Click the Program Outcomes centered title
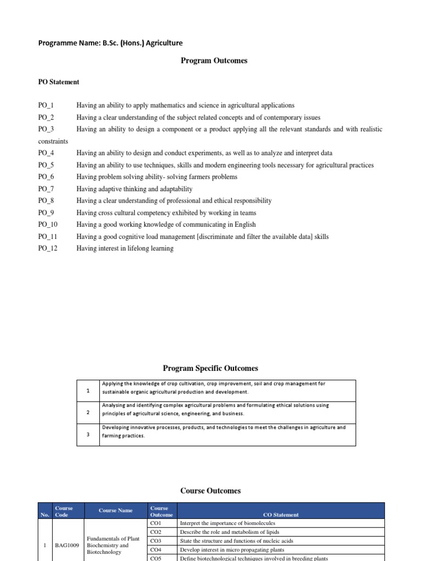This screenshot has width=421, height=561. pyautogui.click(x=214, y=61)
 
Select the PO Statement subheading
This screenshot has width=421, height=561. pyautogui.click(x=59, y=82)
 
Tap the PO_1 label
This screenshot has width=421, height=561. pyautogui.click(x=46, y=105)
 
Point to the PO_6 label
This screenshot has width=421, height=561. pyautogui.click(x=46, y=177)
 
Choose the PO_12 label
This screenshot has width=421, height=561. pyautogui.click(x=48, y=249)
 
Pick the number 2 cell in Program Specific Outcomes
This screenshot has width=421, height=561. pyautogui.click(x=88, y=413)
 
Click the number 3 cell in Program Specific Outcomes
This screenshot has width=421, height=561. pyautogui.click(x=88, y=435)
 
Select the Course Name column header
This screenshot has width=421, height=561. pyautogui.click(x=116, y=511)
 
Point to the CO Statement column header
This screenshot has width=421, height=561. pyautogui.click(x=281, y=514)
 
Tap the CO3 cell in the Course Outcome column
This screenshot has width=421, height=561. pyautogui.click(x=156, y=541)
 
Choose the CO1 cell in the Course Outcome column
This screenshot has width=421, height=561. pyautogui.click(x=156, y=523)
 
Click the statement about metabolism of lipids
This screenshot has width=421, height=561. pyautogui.click(x=229, y=532)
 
